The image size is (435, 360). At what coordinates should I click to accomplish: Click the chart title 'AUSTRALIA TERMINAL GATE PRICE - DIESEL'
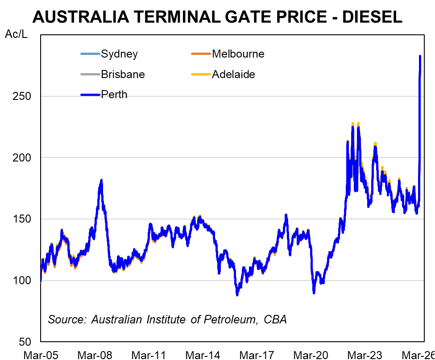(217, 17)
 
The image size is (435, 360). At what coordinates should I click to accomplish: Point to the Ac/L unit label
(16, 34)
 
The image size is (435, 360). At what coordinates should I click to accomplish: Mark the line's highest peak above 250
(420, 56)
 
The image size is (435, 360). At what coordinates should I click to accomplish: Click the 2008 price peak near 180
(102, 180)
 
